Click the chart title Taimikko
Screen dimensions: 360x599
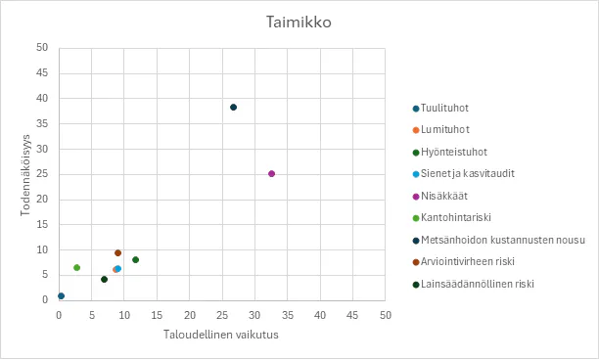point(299,22)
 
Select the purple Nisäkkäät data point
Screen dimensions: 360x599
point(271,173)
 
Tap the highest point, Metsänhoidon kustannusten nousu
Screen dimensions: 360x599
point(233,107)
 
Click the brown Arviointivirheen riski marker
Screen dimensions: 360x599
point(117,253)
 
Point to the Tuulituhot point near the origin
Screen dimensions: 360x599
point(61,295)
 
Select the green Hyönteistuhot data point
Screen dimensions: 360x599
point(135,259)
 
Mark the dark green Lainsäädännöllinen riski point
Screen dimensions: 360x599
point(104,279)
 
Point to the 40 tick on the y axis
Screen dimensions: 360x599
point(41,98)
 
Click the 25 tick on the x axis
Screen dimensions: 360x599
point(222,315)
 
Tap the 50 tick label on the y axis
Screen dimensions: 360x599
point(41,47)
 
